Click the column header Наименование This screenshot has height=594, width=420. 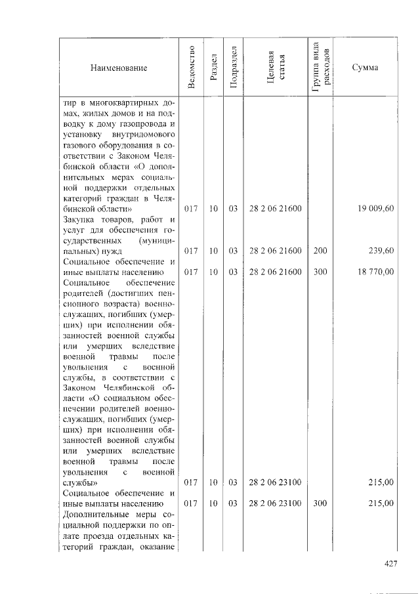(119, 68)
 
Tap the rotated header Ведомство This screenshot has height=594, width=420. (191, 68)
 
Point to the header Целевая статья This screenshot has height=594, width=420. (275, 68)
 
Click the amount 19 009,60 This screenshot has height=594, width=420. (376, 209)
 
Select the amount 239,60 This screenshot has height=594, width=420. (381, 250)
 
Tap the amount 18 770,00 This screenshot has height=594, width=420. (376, 271)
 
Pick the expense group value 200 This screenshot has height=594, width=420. (320, 250)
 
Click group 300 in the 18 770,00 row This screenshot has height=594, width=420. (320, 271)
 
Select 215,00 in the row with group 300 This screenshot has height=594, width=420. (381, 503)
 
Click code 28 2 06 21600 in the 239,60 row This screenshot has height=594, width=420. (275, 250)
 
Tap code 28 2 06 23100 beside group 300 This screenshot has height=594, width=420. (275, 503)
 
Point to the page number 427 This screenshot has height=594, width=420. (390, 562)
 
